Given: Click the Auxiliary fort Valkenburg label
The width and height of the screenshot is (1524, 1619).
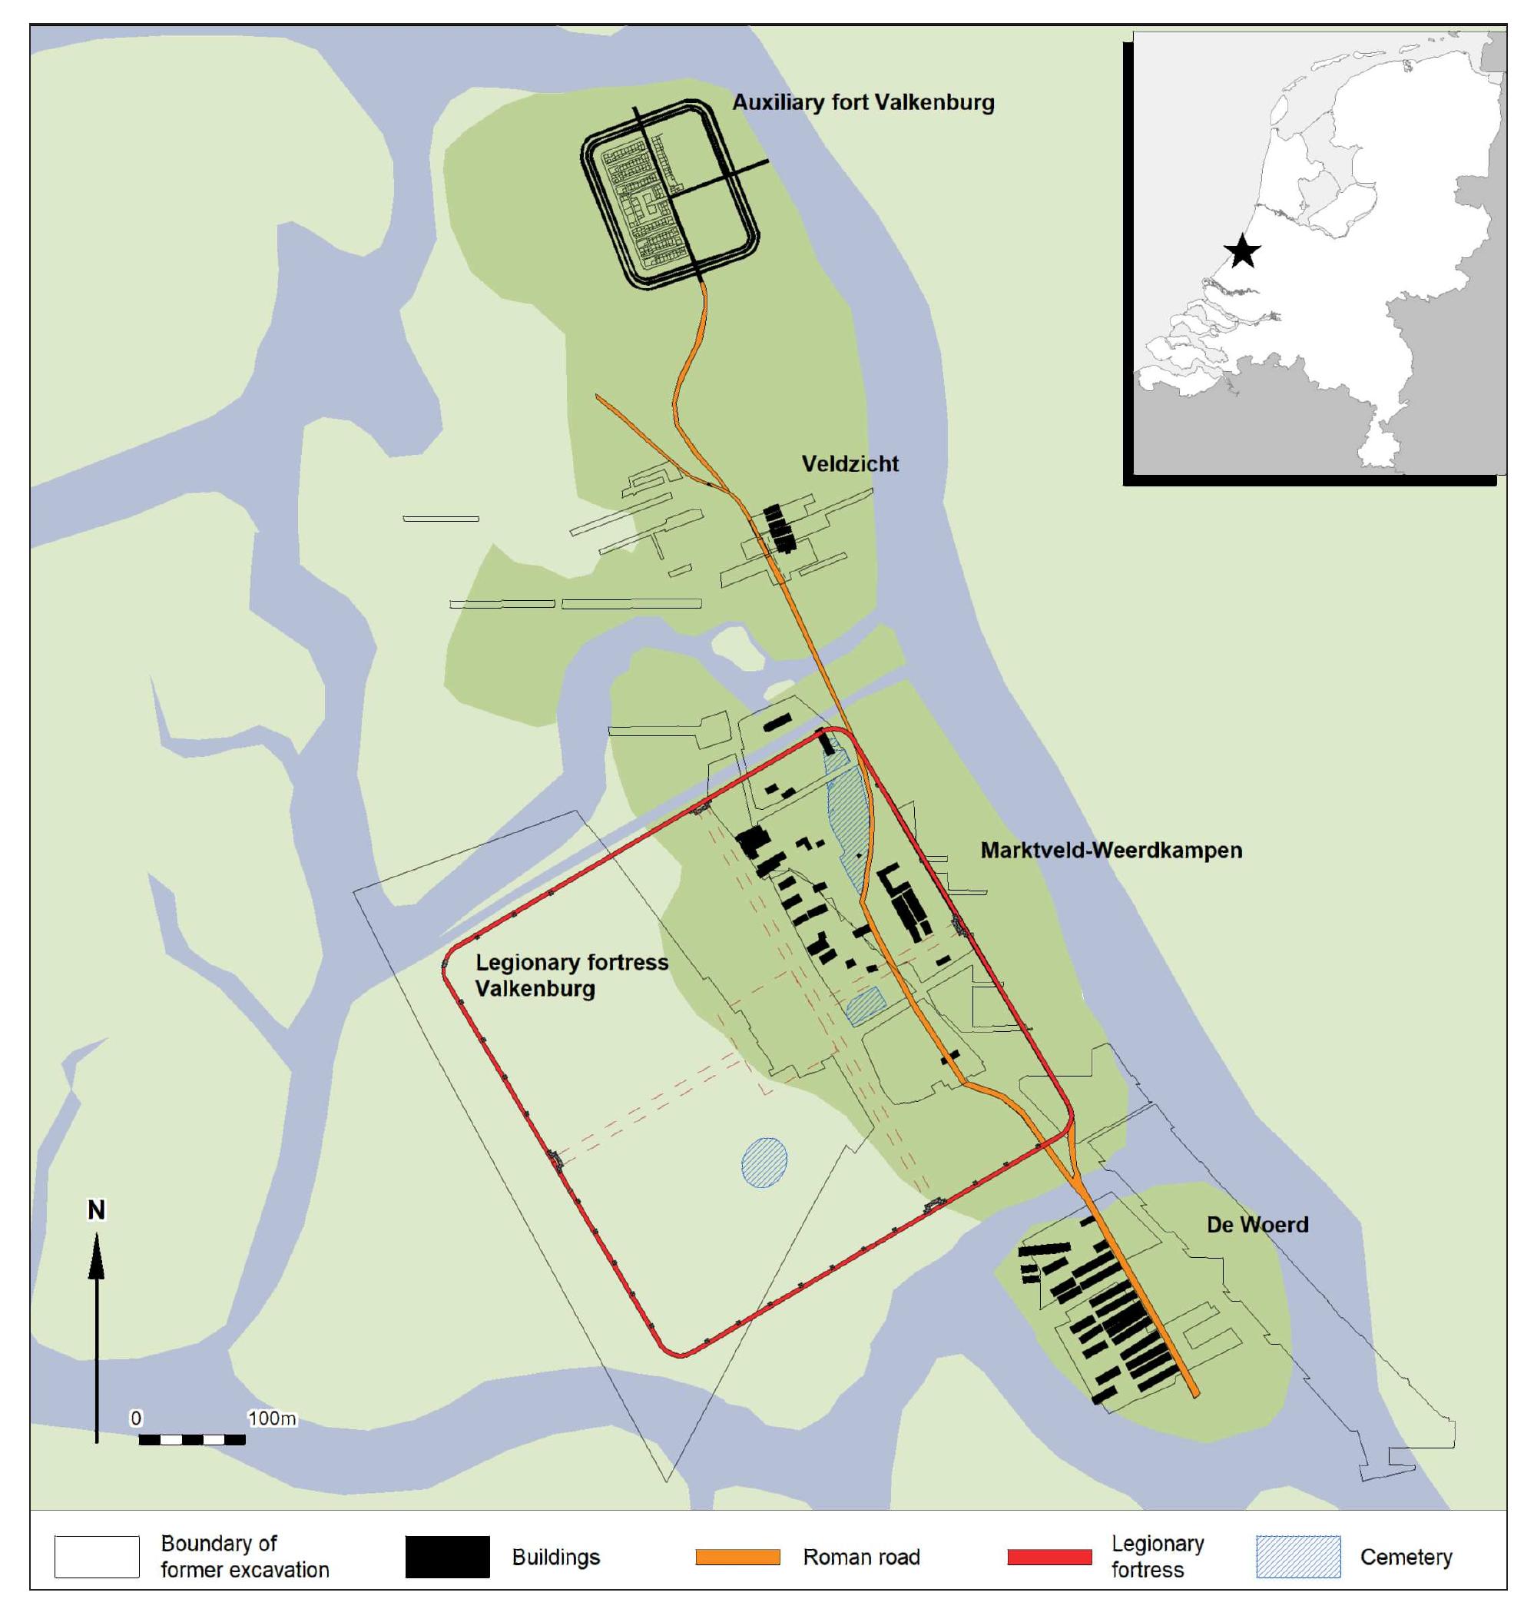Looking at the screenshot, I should [x=863, y=103].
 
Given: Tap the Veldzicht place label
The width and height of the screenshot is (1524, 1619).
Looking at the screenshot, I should [x=850, y=464].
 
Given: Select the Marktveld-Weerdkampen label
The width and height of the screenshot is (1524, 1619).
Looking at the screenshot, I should [x=1111, y=850].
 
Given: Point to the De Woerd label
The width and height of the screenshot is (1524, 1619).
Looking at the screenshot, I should [x=1257, y=1225].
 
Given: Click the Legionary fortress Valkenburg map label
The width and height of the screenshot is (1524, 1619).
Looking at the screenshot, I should [x=571, y=975].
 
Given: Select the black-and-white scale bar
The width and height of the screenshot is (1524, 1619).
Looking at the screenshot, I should [x=192, y=1439].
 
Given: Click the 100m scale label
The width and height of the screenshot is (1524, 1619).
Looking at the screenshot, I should [x=272, y=1418].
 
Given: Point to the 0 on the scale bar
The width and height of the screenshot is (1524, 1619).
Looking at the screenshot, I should [x=136, y=1418].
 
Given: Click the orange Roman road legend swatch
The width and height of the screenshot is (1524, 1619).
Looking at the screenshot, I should [x=737, y=1557].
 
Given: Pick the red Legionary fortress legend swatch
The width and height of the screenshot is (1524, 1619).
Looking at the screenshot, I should [x=1049, y=1557].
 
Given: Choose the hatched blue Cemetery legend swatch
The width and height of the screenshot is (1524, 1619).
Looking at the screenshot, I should [x=1297, y=1557].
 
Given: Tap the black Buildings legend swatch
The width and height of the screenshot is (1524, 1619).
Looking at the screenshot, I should [x=447, y=1557].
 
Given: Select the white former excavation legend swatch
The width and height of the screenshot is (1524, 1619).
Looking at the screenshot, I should [x=97, y=1557].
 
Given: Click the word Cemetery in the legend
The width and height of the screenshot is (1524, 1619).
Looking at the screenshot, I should [x=1406, y=1557].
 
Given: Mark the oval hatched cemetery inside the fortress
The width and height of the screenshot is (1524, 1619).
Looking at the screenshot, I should [x=764, y=1162].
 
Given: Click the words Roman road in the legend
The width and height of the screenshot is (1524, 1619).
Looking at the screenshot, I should [x=861, y=1557].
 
